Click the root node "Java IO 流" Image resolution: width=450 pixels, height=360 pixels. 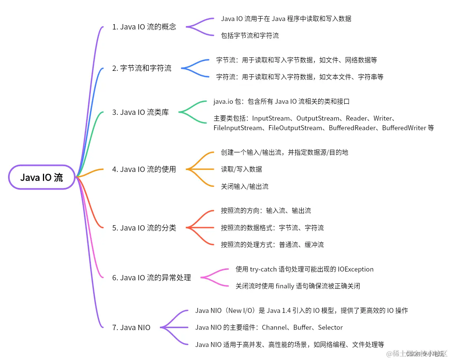pos(41,177)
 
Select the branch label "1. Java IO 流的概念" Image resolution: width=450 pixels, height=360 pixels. pos(144,27)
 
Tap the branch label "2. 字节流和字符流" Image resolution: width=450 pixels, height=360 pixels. pos(142,69)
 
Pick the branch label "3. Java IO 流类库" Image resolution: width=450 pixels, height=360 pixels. pos(140,112)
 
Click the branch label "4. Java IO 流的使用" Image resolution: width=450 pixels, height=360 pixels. pos(144,169)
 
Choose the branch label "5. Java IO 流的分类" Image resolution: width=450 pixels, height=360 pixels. pos(144,228)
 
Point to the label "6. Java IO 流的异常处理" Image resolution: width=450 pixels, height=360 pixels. pos(151,278)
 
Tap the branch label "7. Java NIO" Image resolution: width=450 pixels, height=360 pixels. pos(131,327)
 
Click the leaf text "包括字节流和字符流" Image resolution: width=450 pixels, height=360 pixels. pos(250,36)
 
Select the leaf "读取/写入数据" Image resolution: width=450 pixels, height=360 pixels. pos(241,169)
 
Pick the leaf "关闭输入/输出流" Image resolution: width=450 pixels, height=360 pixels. pos(245,187)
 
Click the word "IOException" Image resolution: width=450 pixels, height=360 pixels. pos(356,269)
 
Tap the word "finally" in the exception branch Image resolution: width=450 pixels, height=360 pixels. pos(286,286)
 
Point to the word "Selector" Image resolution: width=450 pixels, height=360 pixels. pos(329,327)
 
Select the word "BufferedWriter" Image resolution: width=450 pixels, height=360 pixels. pos(404,128)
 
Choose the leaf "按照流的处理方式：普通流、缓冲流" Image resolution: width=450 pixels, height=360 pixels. pos(272,245)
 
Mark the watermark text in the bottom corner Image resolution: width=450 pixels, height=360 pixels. pos(416,353)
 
